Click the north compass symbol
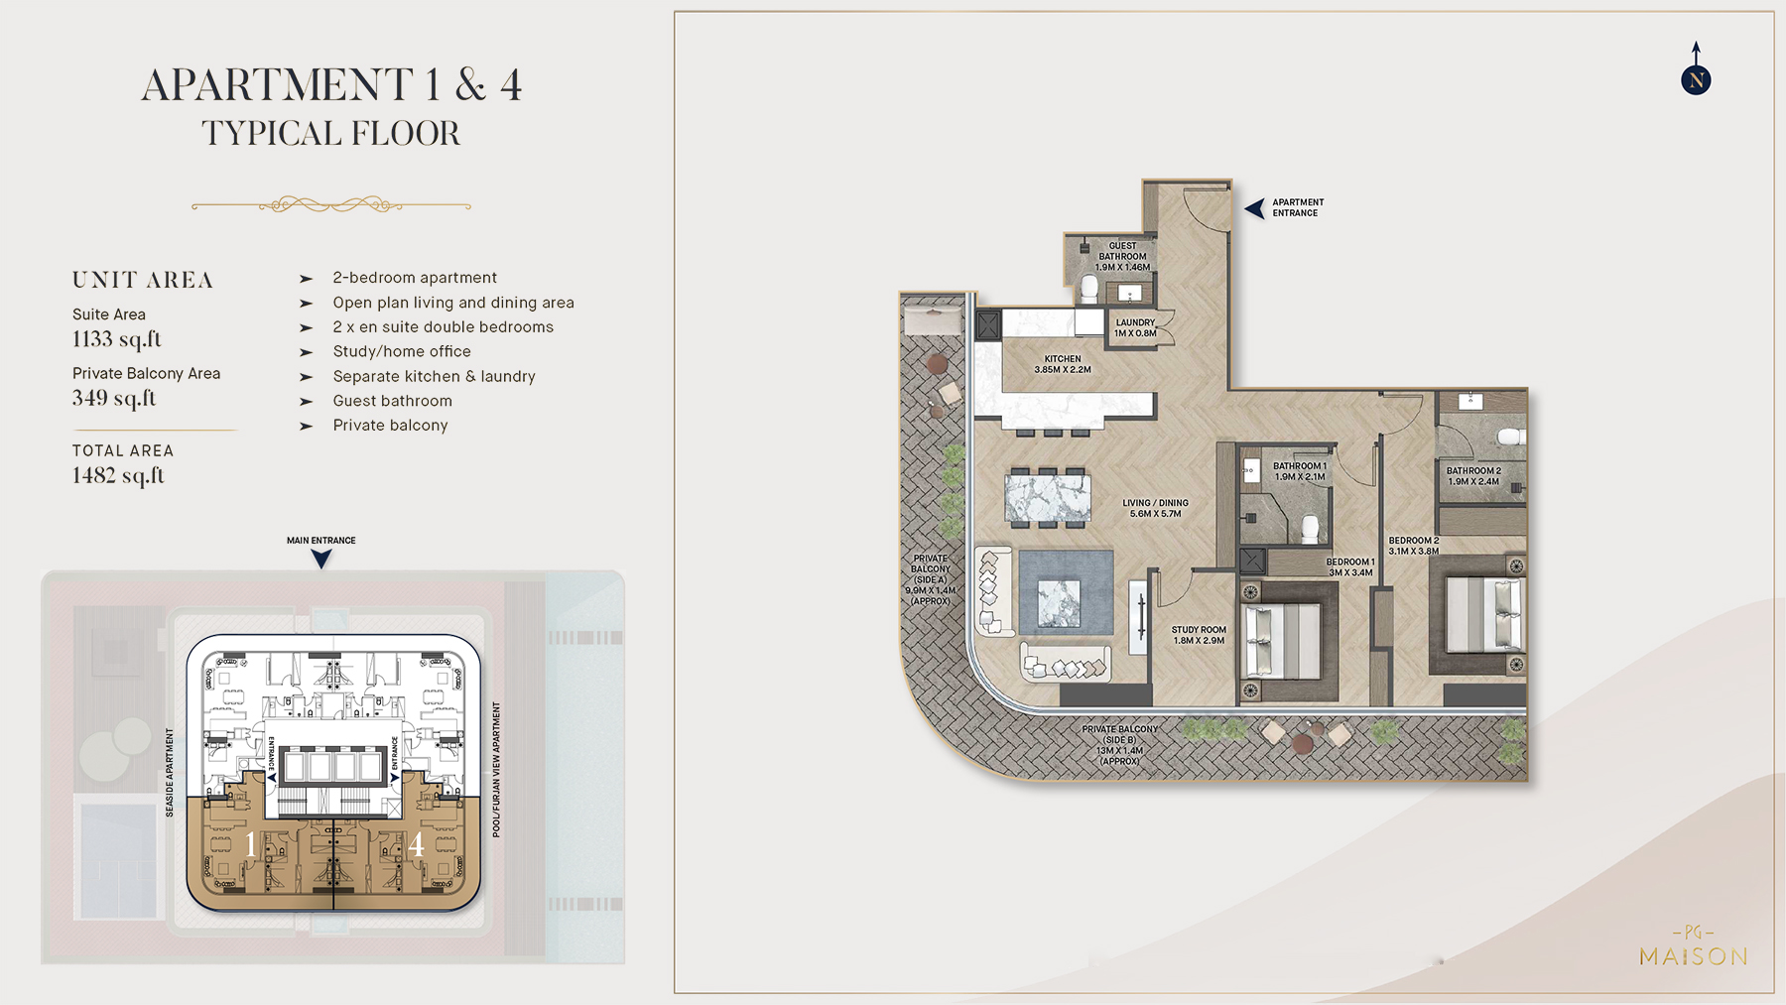point(1696,79)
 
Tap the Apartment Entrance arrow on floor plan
point(1255,208)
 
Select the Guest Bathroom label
point(1122,256)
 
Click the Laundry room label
point(1135,327)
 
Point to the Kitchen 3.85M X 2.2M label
point(1062,364)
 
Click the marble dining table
point(1047,497)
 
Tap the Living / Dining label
point(1155,508)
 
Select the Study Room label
point(1199,635)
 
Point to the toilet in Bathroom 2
point(1509,436)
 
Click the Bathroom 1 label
point(1299,471)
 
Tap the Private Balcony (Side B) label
point(1119,744)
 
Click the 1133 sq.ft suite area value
point(116,339)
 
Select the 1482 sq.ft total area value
point(118,475)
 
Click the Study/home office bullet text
point(402,351)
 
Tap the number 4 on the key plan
point(416,844)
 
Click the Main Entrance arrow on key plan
point(321,559)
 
